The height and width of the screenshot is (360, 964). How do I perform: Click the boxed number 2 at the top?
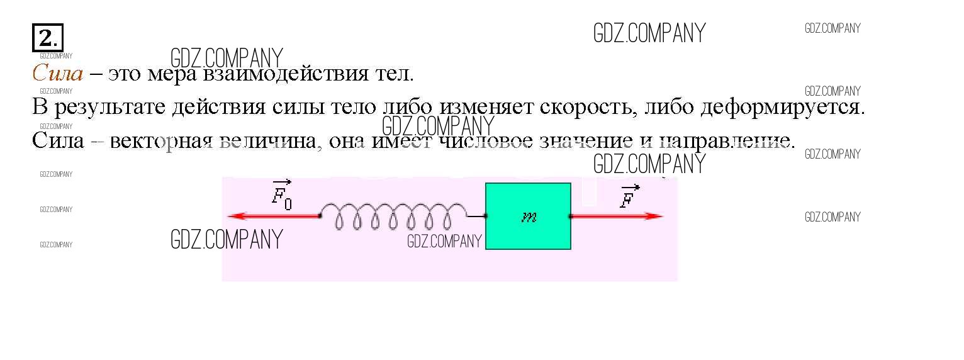click(x=47, y=39)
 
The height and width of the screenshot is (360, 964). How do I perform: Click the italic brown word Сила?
click(x=57, y=74)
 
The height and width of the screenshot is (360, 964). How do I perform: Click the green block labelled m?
click(x=528, y=233)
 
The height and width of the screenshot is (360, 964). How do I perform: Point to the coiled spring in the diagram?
click(x=394, y=217)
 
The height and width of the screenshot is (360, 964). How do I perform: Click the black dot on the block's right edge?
click(x=571, y=217)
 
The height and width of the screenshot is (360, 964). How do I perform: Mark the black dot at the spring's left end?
click(x=320, y=217)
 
